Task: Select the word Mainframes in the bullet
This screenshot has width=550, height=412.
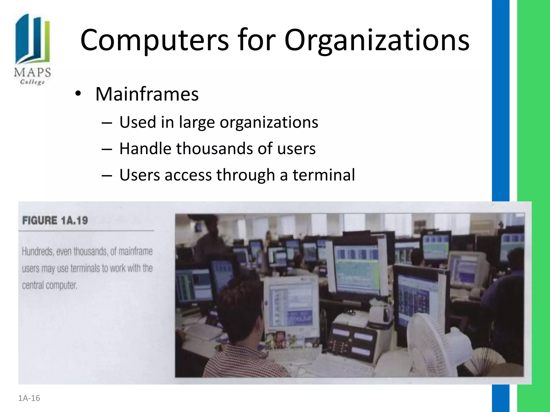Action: pyautogui.click(x=147, y=94)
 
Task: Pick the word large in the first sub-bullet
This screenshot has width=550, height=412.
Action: pyautogui.click(x=197, y=122)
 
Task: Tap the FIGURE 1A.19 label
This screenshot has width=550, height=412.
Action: pyautogui.click(x=55, y=220)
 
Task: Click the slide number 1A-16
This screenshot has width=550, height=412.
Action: pyautogui.click(x=29, y=398)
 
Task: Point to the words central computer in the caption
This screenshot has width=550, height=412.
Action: pyautogui.click(x=50, y=285)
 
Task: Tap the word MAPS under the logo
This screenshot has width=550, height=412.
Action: pyautogui.click(x=32, y=73)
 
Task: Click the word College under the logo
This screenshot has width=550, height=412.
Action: pyautogui.click(x=32, y=82)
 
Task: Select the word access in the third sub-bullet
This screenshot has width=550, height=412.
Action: pyautogui.click(x=188, y=175)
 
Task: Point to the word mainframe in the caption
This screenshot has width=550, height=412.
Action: pyautogui.click(x=135, y=252)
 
